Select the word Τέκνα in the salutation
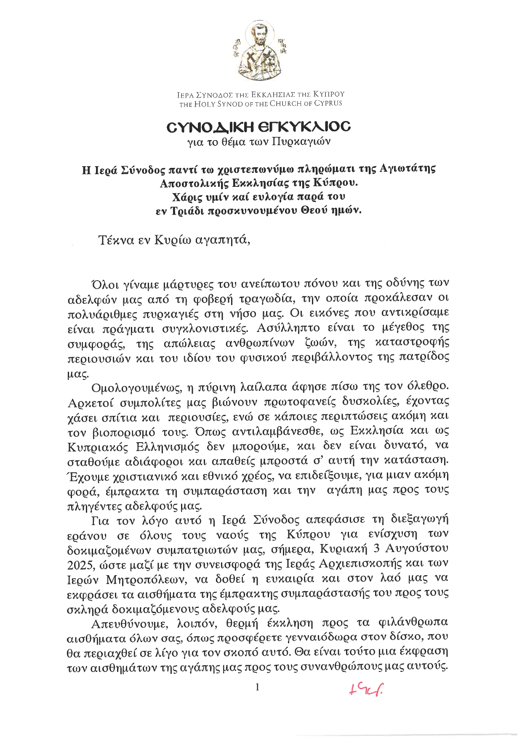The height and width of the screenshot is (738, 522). click(115, 240)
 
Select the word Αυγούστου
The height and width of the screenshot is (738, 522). click(419, 549)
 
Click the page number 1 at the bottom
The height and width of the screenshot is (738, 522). click(258, 688)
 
